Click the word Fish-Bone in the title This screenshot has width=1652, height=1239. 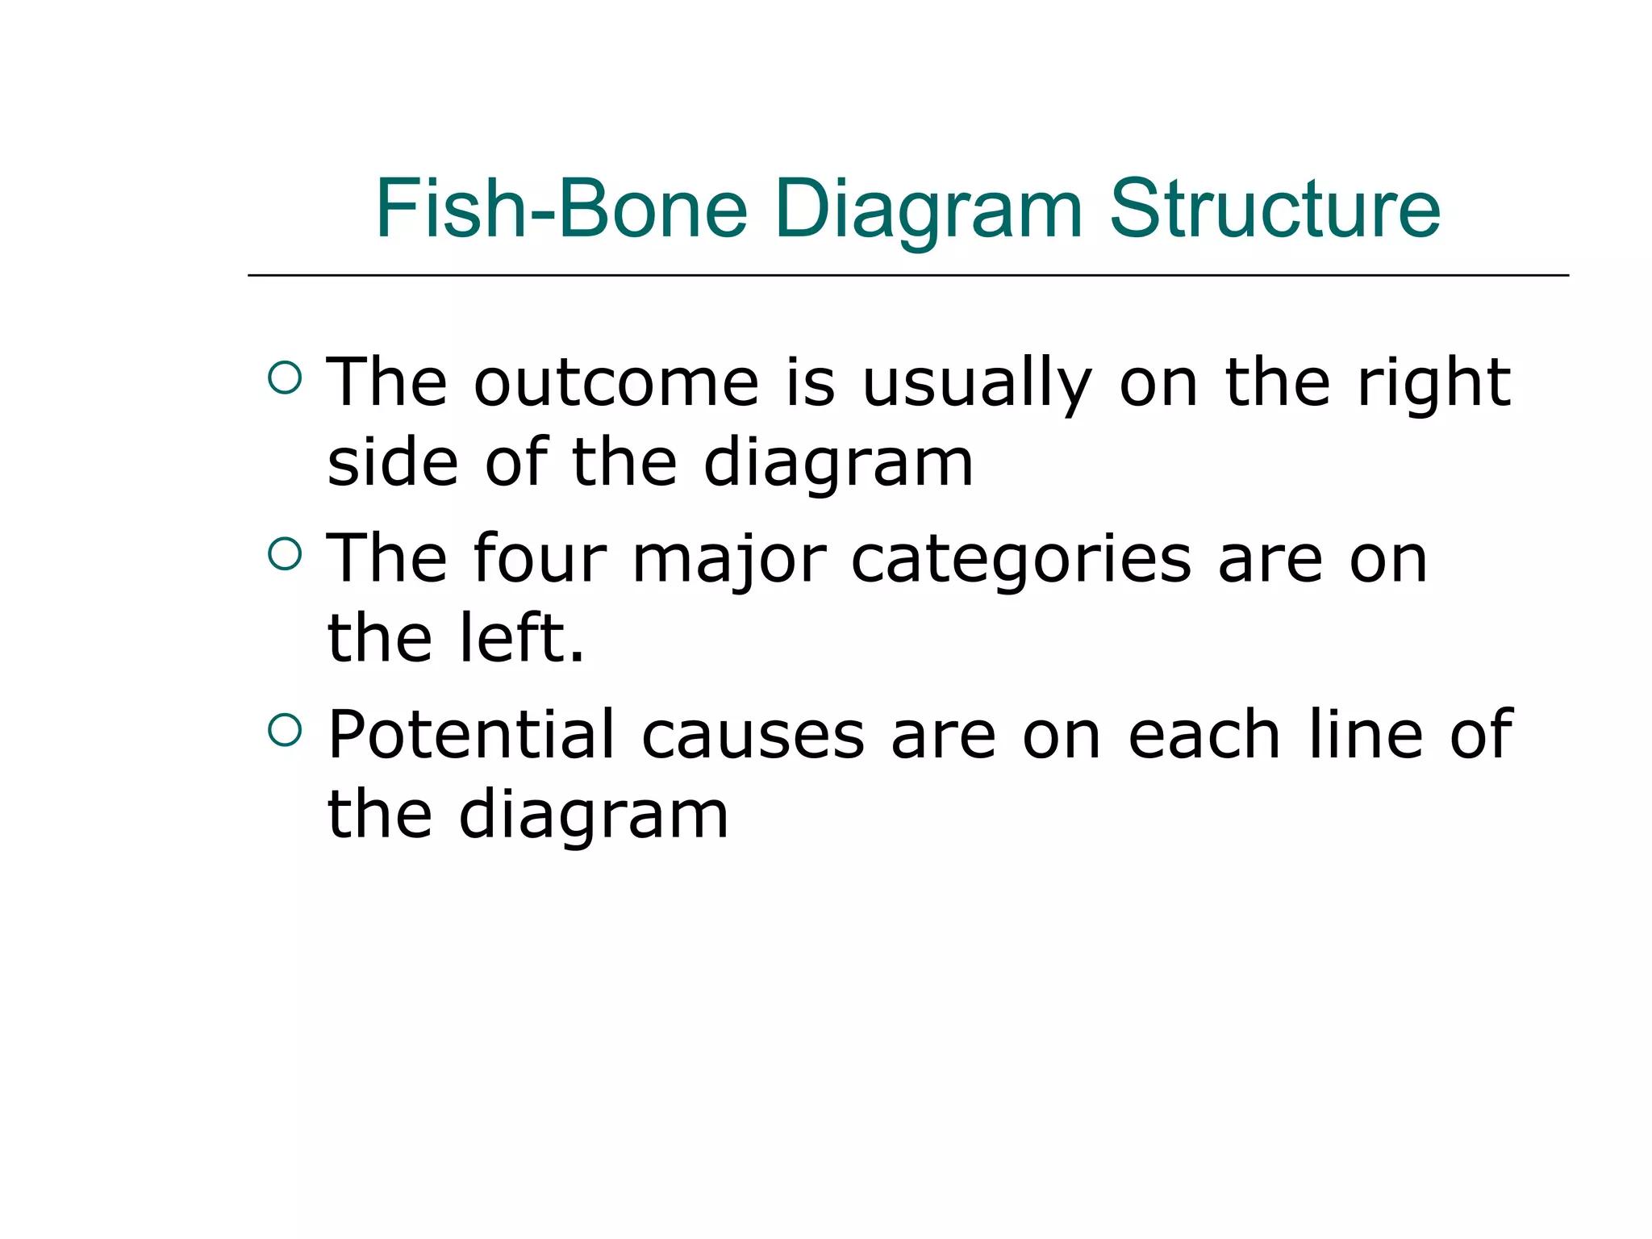pos(561,210)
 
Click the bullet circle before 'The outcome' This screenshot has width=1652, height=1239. pos(285,378)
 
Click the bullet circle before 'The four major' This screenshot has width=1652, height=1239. pos(285,554)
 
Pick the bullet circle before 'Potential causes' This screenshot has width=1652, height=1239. pos(285,730)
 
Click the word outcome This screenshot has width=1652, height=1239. pos(616,383)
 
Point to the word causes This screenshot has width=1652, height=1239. pos(753,736)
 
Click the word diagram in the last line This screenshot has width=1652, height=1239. pos(594,816)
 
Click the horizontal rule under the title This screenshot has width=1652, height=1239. pos(907,276)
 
